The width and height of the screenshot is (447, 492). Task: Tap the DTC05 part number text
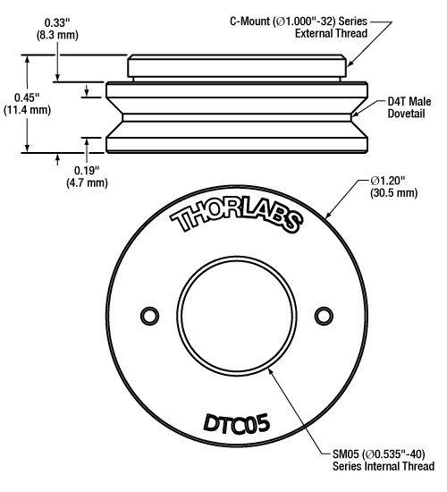tap(237, 424)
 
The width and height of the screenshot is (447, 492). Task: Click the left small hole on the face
tap(149, 316)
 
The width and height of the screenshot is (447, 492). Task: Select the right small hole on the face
tap(324, 316)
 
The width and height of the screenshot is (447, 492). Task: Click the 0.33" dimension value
tap(57, 22)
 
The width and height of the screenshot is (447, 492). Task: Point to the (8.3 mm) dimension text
tap(57, 35)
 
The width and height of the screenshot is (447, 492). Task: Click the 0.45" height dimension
tap(27, 98)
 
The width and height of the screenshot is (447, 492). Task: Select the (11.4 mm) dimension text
tap(27, 110)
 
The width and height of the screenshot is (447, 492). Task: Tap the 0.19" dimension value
tap(87, 171)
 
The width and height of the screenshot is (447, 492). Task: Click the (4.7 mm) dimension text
tap(87, 182)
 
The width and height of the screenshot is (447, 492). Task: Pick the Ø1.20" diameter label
tap(388, 181)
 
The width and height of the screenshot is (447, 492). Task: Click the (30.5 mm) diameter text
tap(394, 192)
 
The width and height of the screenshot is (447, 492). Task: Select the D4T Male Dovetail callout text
tap(409, 107)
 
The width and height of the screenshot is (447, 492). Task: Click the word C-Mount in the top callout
tap(250, 21)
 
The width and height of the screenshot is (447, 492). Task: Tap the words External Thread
tap(331, 33)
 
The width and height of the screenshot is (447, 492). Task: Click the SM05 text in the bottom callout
tap(346, 454)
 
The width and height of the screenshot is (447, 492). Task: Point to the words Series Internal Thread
tap(384, 466)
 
